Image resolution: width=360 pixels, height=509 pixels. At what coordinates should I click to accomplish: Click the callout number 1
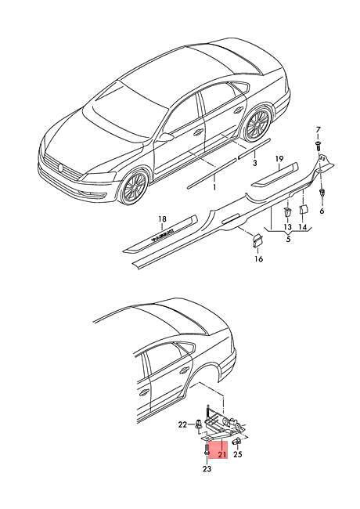(214, 187)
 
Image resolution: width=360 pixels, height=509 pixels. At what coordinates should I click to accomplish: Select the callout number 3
(254, 163)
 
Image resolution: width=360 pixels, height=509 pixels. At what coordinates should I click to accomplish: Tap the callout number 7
(318, 130)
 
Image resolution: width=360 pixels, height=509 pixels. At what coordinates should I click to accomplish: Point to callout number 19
(279, 159)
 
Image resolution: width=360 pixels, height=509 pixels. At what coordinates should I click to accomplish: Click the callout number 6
(322, 211)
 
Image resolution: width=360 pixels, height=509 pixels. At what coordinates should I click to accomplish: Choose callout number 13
(288, 227)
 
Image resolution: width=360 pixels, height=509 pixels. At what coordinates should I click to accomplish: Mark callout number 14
(302, 227)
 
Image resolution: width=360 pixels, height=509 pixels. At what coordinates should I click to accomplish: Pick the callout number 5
(288, 240)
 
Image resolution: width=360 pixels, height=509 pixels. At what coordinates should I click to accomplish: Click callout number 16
(259, 258)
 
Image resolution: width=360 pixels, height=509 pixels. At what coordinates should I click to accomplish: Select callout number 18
(162, 219)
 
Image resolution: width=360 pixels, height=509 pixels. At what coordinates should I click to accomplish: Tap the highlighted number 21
(221, 454)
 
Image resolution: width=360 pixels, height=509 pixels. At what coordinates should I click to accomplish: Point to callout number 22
(182, 424)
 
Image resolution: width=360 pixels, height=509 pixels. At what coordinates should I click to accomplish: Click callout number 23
(207, 468)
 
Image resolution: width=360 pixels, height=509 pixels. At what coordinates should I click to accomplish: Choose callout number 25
(238, 454)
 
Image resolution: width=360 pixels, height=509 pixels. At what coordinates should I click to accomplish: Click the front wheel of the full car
(135, 186)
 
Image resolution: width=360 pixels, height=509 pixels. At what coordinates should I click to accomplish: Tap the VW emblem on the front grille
(59, 168)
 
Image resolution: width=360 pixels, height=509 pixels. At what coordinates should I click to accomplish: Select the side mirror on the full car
(165, 137)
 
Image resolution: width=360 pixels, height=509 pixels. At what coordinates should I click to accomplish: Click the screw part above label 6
(322, 193)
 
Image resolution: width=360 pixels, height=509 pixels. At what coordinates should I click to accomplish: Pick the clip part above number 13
(288, 212)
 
